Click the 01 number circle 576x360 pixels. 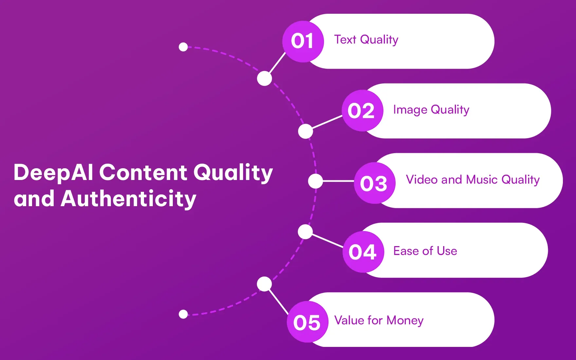pos(303,42)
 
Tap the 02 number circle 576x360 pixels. pos(362,111)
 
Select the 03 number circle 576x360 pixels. pos(374,183)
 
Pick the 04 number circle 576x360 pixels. pos(363,252)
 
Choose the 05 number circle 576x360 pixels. pos(307,322)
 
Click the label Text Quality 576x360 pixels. pos(366,40)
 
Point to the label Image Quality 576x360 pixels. pos(431,110)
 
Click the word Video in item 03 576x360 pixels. pos(422,180)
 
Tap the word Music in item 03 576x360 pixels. pos(482,180)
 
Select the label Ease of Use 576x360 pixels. pos(425,251)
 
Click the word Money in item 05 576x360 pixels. pos(405,320)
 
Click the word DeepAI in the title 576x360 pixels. pos(53,172)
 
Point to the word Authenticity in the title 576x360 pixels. pos(128,199)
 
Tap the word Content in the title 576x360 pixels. pos(143,172)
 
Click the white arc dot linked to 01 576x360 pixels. pos(264,79)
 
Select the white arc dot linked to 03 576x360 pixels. pos(315,181)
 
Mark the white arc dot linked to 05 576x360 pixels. pos(264,284)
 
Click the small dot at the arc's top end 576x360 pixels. pos(183,47)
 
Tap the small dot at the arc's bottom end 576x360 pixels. pos(183,314)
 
